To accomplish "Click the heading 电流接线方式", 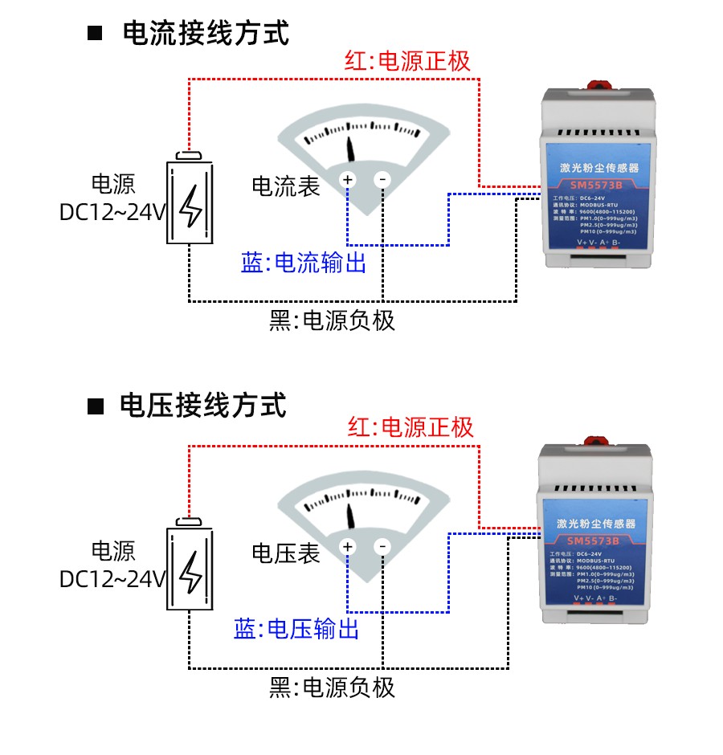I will pos(206,34).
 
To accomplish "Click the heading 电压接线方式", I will pos(203,405).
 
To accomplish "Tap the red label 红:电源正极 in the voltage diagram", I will pos(411,426).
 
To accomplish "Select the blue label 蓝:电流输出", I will pos(304,263).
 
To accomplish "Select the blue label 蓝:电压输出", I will pos(296,629).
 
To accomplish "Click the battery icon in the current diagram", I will pos(191,200).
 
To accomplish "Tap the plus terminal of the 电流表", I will pos(348,180).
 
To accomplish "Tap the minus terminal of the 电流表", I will pos(383,180).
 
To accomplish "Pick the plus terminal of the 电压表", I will pos(348,548).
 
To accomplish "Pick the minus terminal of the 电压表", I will pos(383,548).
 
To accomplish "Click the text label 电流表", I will pos(286,186).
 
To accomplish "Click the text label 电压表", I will pos(286,553).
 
